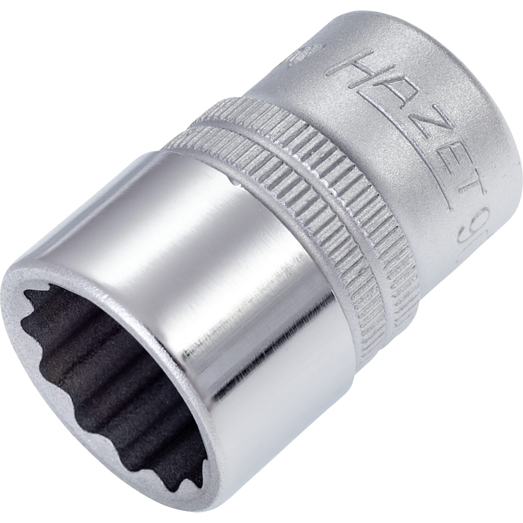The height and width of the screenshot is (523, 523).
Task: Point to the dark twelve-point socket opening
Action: click(104, 376)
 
